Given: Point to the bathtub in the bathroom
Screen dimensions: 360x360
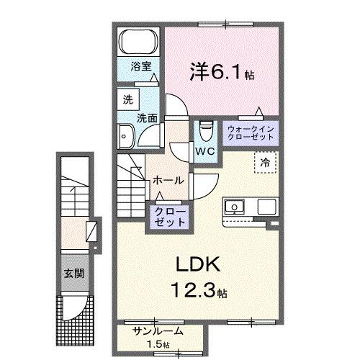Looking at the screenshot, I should click(138, 41).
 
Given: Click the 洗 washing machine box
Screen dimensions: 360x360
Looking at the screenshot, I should click(127, 99).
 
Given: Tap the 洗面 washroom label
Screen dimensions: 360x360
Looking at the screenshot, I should click(148, 117).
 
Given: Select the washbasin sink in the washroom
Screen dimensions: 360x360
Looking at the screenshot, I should click(128, 135).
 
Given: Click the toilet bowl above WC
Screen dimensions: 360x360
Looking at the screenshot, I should click(206, 130).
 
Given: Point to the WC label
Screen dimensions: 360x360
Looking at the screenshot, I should click(204, 152).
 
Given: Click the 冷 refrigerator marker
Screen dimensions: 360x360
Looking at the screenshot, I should click(265, 163).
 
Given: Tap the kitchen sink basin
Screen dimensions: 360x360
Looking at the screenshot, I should click(234, 208).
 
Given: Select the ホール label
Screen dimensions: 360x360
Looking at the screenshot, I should click(168, 180).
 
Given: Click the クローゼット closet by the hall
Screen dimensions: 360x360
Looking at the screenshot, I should click(168, 217).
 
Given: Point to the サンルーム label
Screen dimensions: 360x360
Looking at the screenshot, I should click(158, 331).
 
